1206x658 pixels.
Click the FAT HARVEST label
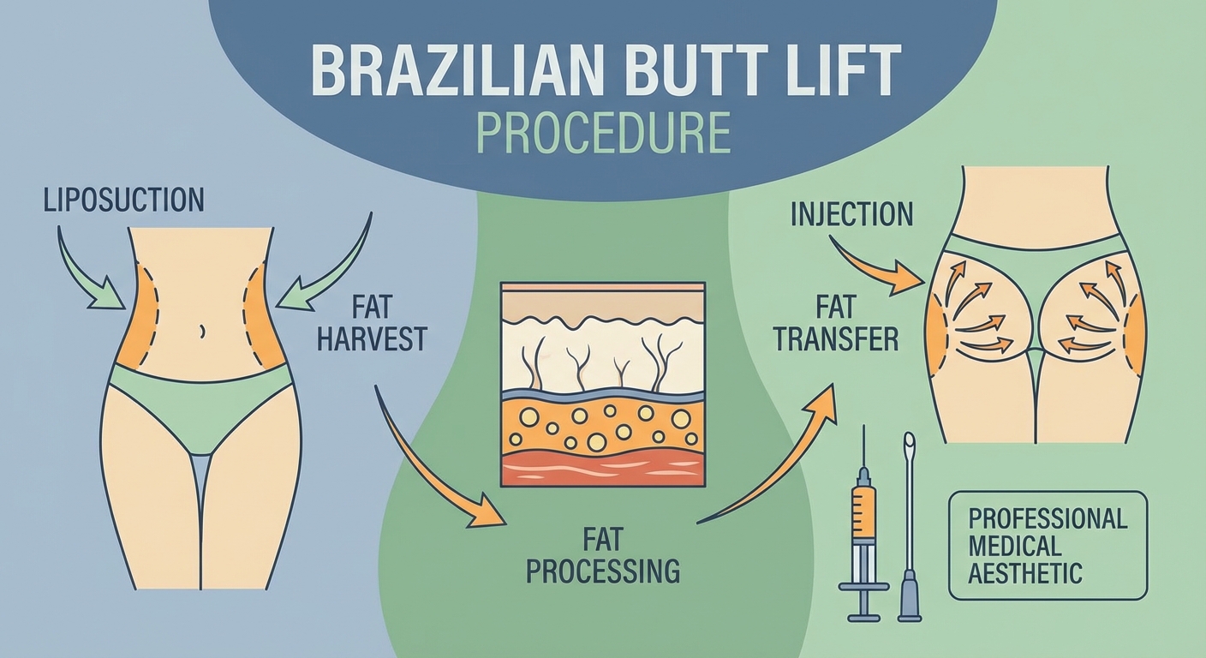coord(371,321)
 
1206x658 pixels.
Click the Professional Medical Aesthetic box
coord(1047,545)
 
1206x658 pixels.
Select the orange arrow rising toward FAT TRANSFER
coord(779,463)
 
